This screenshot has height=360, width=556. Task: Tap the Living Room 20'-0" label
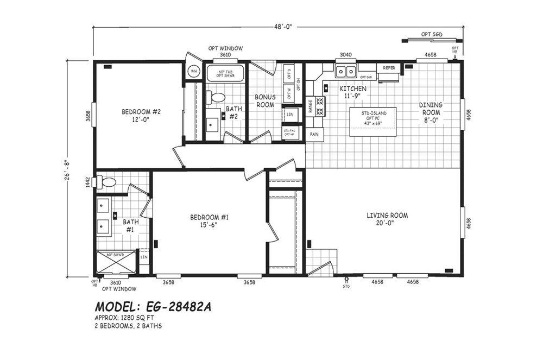pos(387,219)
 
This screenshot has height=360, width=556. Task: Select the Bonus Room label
pos(265,100)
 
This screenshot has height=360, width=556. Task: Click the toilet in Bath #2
pos(218,98)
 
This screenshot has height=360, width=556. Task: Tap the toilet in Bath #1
pos(107,183)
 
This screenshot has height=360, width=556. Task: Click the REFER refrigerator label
pos(389,68)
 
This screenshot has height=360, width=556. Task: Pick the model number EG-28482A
pos(153,307)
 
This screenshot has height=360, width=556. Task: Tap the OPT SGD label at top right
pos(432,34)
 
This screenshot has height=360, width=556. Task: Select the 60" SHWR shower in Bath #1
pos(116,262)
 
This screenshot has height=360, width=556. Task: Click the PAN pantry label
pos(314,134)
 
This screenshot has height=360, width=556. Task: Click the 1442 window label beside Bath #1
pos(87,182)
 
